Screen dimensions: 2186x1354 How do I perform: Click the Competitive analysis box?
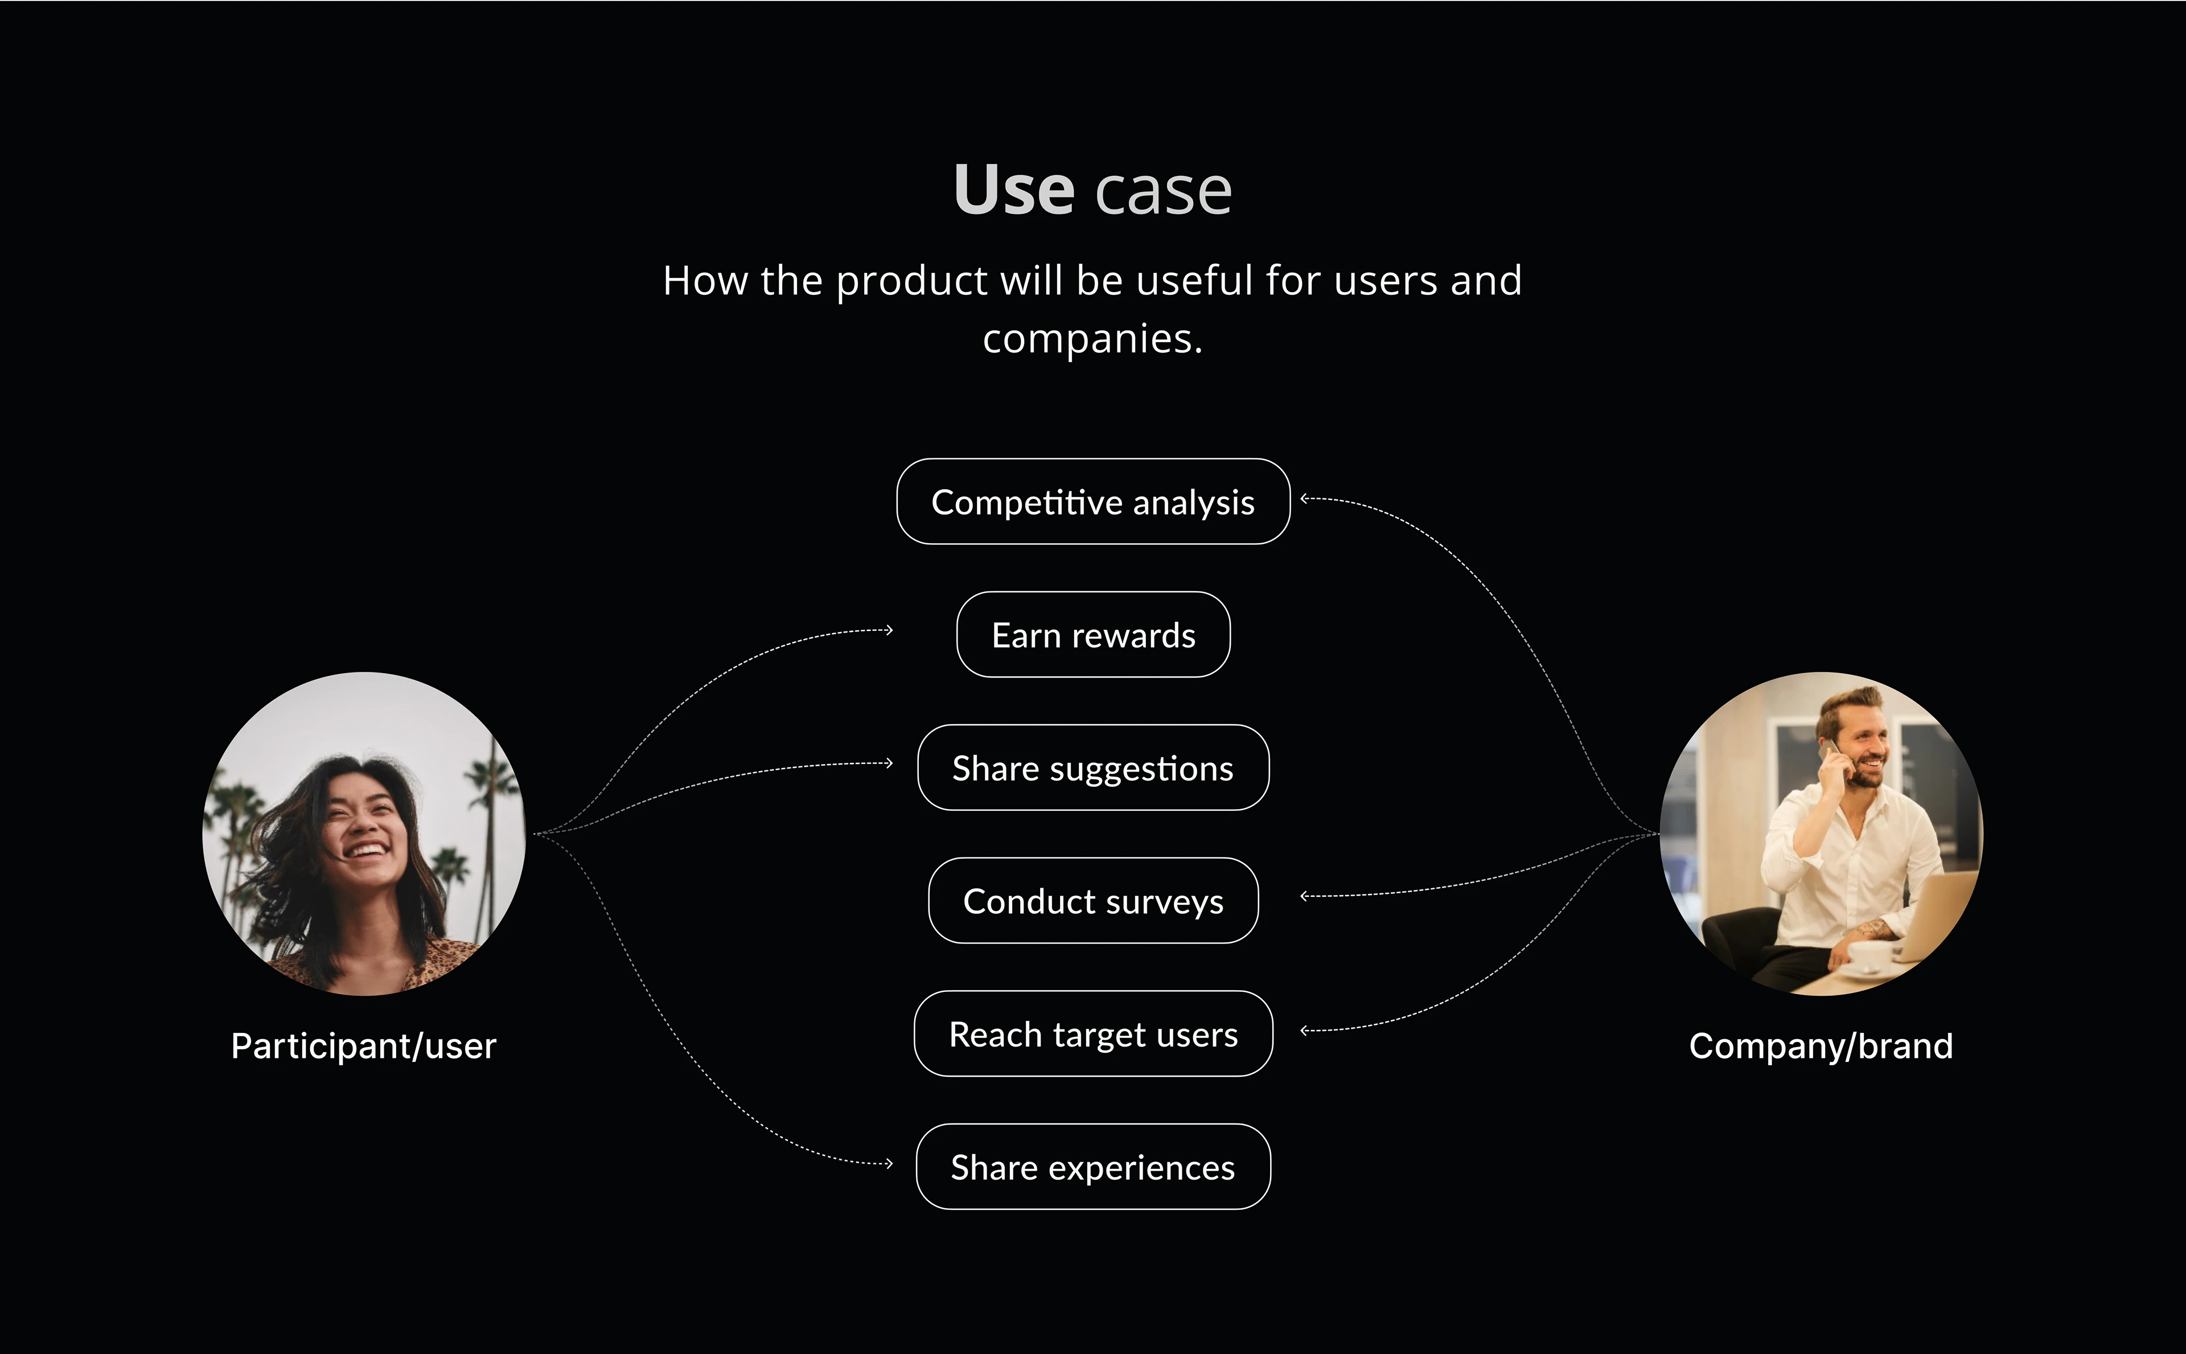coord(1093,502)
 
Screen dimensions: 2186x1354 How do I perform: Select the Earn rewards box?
coord(1093,635)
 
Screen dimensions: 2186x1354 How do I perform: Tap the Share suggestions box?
coord(1093,768)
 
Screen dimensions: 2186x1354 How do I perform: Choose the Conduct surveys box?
coord(1093,901)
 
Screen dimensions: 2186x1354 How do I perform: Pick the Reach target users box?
coord(1093,1033)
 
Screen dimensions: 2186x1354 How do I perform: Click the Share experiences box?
coord(1093,1167)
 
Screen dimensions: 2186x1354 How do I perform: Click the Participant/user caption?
coord(363,1046)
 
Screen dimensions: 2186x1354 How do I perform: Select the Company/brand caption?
coord(1821,1046)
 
